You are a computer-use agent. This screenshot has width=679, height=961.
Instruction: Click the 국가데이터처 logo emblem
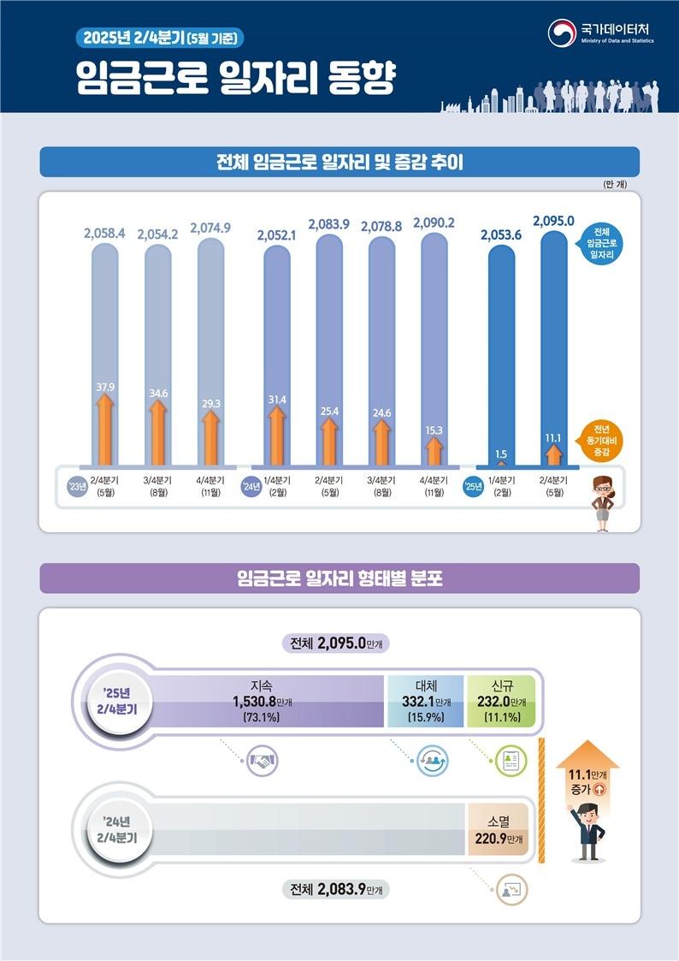561,33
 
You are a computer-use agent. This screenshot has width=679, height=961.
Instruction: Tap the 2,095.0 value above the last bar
553,221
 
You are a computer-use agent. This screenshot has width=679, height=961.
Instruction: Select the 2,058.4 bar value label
105,233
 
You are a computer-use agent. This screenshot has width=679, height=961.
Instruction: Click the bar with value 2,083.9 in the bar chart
329,342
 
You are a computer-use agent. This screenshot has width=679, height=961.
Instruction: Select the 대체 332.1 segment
426,701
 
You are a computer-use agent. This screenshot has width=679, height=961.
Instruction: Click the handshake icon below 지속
263,760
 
